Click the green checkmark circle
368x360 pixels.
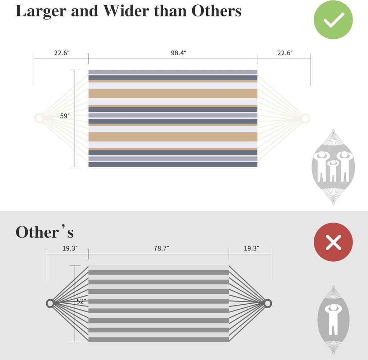pos(333,20)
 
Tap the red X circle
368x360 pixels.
pos(333,242)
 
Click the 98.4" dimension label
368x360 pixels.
pos(178,53)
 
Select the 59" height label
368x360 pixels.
pos(65,116)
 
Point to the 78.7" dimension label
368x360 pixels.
pos(161,248)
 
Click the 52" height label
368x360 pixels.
pos(81,301)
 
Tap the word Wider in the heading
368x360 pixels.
pos(126,11)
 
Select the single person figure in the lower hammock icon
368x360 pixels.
pos(333,319)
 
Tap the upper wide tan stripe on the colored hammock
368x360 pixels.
pos(173,94)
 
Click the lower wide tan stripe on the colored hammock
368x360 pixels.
pos(173,137)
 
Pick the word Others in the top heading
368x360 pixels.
pos(216,11)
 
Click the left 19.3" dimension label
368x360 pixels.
pos(70,248)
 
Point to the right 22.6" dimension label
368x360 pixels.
pos(285,53)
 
